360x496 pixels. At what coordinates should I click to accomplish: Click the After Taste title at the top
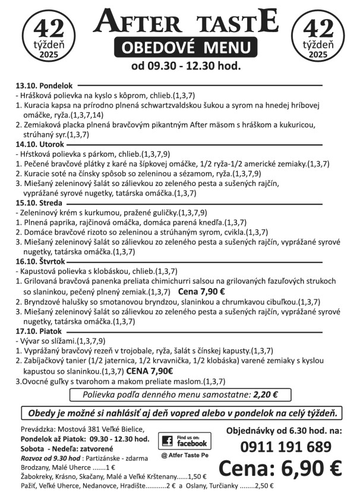tap(186, 22)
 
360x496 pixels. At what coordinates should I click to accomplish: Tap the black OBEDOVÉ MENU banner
tap(185, 48)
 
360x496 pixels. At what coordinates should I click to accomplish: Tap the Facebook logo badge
tap(185, 441)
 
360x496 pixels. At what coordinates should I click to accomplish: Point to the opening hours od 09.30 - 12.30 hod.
tap(186, 66)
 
